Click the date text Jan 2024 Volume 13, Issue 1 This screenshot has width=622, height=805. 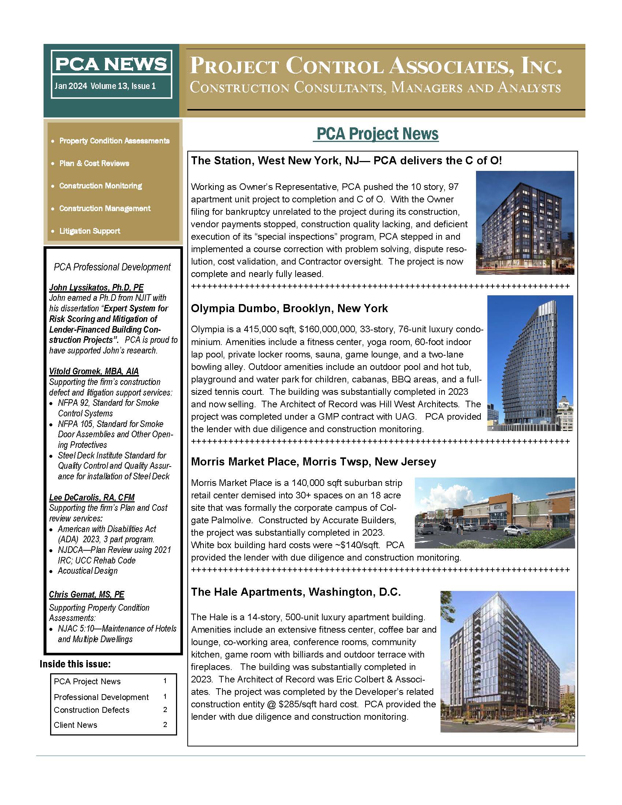(x=105, y=86)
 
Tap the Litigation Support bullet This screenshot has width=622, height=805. (x=90, y=231)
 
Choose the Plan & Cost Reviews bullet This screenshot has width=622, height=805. (x=94, y=163)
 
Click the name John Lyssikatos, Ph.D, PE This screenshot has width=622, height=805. (x=96, y=288)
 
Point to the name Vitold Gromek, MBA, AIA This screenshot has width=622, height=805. (x=94, y=371)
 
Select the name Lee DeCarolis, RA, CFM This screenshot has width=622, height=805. (x=92, y=498)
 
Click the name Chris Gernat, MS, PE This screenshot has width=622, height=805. (x=87, y=595)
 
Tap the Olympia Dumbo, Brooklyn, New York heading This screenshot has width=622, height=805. (x=289, y=308)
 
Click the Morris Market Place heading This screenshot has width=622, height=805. (x=313, y=462)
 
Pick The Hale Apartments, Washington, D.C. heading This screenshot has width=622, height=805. (x=296, y=592)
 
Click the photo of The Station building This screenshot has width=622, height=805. (x=525, y=222)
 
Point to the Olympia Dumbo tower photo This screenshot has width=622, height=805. (x=530, y=363)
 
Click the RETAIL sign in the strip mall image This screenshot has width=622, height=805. (x=495, y=508)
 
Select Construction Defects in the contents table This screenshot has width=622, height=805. (x=92, y=710)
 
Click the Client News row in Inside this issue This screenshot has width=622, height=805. (x=75, y=725)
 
